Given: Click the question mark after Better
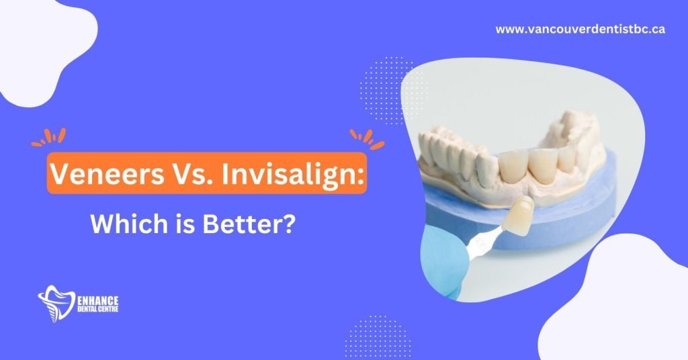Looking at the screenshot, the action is (286, 224).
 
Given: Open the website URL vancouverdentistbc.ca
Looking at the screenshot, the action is (580, 29).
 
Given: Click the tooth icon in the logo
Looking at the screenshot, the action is (56, 303).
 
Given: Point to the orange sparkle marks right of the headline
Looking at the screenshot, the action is (368, 140).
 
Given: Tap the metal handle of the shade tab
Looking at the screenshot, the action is (488, 239).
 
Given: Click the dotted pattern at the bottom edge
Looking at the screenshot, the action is (378, 336).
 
